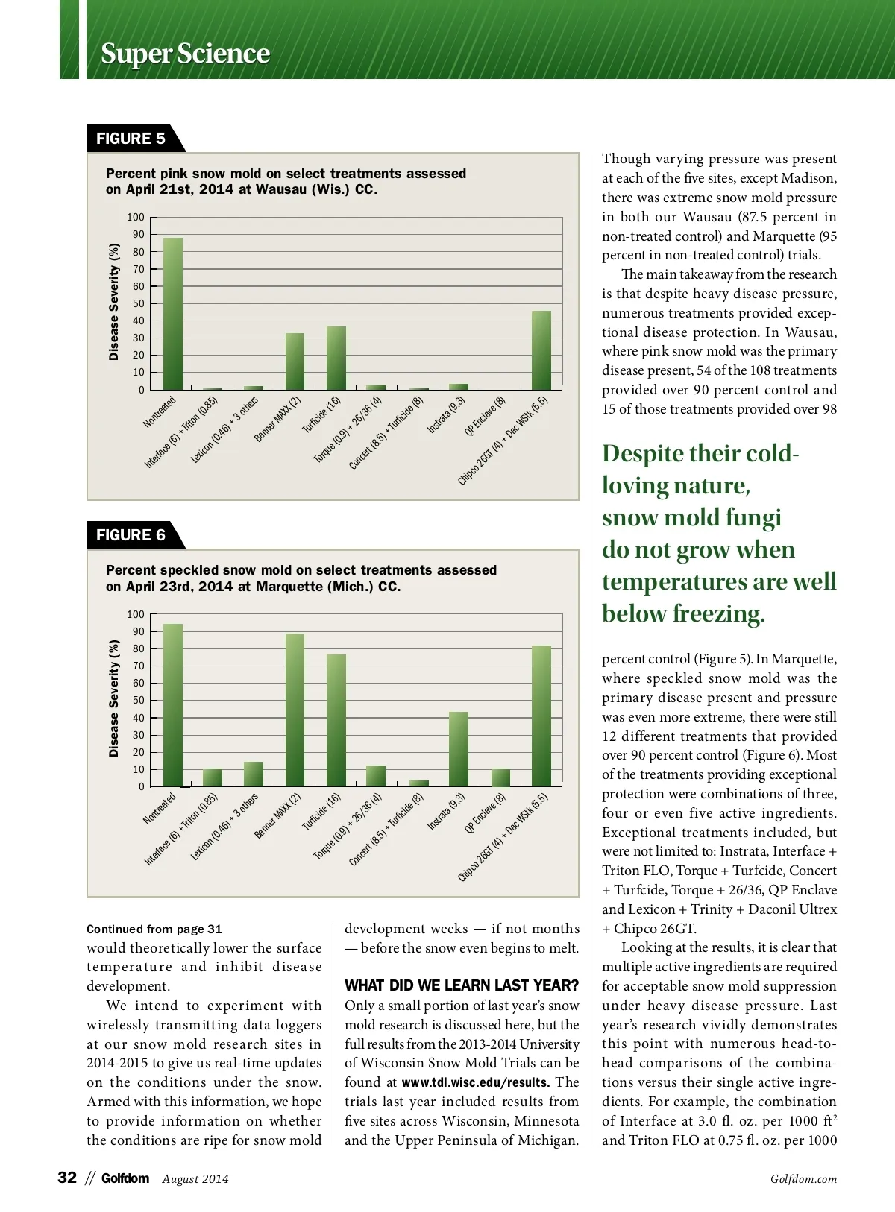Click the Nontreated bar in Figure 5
[x=173, y=314]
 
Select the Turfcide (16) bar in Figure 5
[x=336, y=358]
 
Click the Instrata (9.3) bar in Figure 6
[x=459, y=749]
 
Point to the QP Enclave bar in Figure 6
[x=500, y=777]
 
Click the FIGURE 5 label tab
[x=131, y=139]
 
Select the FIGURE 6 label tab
[x=131, y=535]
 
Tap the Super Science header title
[x=185, y=54]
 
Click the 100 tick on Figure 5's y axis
[x=136, y=218]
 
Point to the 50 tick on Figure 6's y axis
[x=139, y=701]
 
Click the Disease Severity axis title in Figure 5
[x=114, y=302]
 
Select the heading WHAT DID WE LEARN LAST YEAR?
[x=461, y=985]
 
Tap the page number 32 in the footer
[x=67, y=1178]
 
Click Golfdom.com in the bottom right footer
[x=803, y=1179]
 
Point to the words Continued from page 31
[x=154, y=929]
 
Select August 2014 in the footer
[x=195, y=1179]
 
